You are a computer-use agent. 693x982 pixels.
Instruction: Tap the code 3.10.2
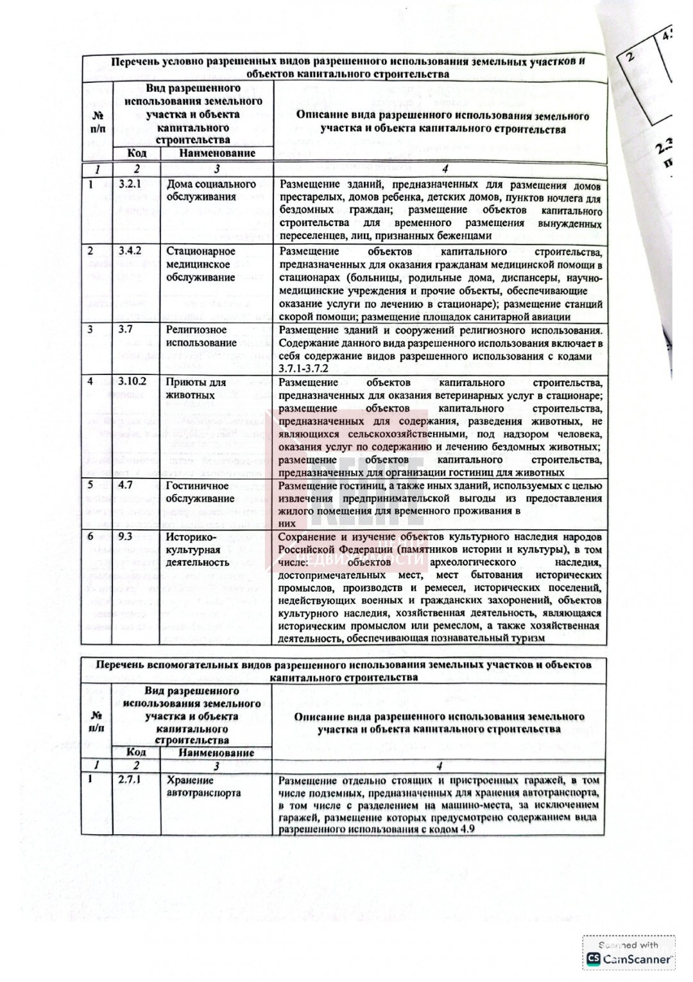pyautogui.click(x=132, y=381)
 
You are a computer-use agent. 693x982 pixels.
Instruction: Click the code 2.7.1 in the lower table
pyautogui.click(x=130, y=780)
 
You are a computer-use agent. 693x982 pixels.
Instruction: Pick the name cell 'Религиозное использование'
pyautogui.click(x=201, y=337)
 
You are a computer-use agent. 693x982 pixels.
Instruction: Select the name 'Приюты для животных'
pyautogui.click(x=196, y=389)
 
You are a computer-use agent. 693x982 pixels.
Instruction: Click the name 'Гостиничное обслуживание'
pyautogui.click(x=200, y=492)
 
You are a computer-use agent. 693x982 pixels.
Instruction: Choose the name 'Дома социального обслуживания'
pyautogui.click(x=210, y=191)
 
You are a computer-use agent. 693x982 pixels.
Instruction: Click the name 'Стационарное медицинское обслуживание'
pyautogui.click(x=200, y=264)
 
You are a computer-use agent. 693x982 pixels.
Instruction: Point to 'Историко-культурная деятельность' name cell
pyautogui.click(x=197, y=549)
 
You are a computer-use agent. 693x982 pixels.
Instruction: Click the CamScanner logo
pyautogui.click(x=629, y=959)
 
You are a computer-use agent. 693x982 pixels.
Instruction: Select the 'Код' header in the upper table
pyautogui.click(x=136, y=153)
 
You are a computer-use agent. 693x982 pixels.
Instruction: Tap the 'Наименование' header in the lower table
pyautogui.click(x=216, y=753)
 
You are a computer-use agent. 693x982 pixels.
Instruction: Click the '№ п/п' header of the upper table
pyautogui.click(x=98, y=123)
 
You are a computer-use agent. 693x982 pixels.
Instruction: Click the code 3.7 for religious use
pyautogui.click(x=125, y=329)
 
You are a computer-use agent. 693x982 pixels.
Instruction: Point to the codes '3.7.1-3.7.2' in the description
pyautogui.click(x=304, y=369)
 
